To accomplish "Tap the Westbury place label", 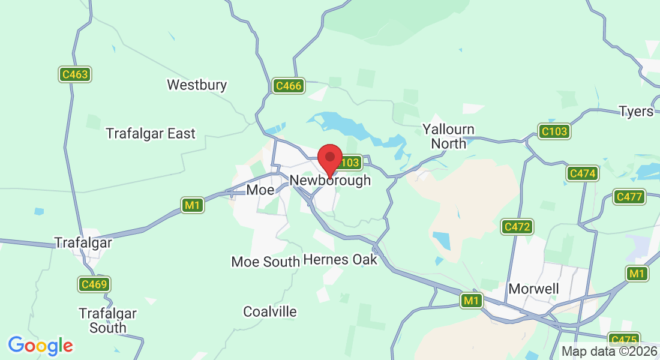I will pyautogui.click(x=197, y=85).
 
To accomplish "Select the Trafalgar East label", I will pyautogui.click(x=151, y=133).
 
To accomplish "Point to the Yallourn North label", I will pyautogui.click(x=448, y=136).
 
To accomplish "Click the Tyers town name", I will pyautogui.click(x=635, y=112).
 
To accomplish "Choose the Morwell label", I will pyautogui.click(x=533, y=289).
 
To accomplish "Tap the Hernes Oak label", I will pyautogui.click(x=340, y=259).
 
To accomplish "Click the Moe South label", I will pyautogui.click(x=265, y=262).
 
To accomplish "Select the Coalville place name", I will pyautogui.click(x=270, y=311).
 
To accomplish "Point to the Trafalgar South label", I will pyautogui.click(x=107, y=320).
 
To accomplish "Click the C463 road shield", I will pyautogui.click(x=75, y=75).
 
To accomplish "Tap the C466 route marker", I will pyautogui.click(x=289, y=86).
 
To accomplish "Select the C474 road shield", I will pyautogui.click(x=583, y=173).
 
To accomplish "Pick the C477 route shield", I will pyautogui.click(x=629, y=197).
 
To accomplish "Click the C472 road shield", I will pyautogui.click(x=517, y=227).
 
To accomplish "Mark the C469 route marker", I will pyautogui.click(x=94, y=284).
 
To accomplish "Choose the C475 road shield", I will pyautogui.click(x=623, y=339).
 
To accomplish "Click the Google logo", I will pyautogui.click(x=40, y=345).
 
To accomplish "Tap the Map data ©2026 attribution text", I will pyautogui.click(x=608, y=352).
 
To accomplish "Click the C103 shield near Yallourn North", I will pyautogui.click(x=554, y=131).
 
